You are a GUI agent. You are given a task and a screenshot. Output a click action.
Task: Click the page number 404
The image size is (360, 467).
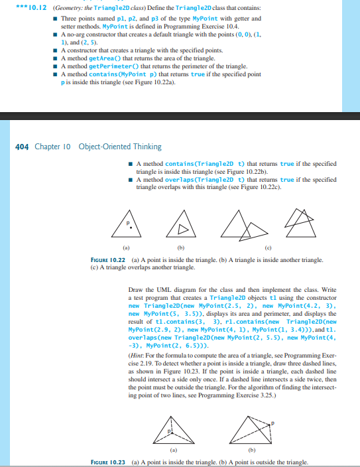[21, 146]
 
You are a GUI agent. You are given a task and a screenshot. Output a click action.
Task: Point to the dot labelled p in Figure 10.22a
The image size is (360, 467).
[131, 228]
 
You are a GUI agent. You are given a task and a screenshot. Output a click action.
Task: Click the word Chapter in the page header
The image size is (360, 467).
[47, 146]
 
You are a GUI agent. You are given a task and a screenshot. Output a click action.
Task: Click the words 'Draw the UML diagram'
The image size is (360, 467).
[158, 291]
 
